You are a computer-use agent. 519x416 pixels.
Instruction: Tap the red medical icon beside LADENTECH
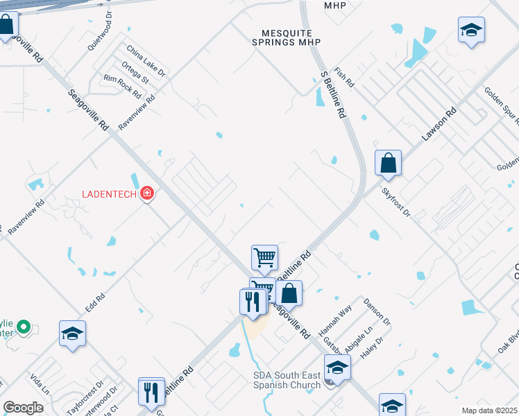[146, 193]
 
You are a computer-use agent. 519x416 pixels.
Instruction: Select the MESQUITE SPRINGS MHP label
[287, 37]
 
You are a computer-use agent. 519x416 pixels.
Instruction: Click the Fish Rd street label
[344, 77]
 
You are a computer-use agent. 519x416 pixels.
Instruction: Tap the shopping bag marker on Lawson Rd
[388, 164]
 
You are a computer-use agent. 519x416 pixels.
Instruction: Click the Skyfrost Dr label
[396, 201]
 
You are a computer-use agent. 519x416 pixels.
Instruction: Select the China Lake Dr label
[146, 60]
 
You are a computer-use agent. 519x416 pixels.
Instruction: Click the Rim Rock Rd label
[121, 86]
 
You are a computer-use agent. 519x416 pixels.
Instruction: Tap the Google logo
[22, 408]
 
